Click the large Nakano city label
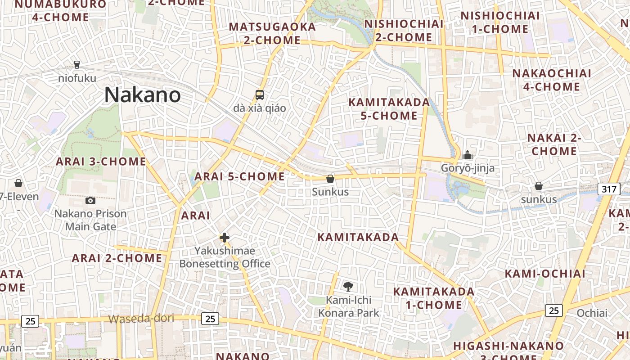pos(143,95)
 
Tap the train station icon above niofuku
pos(77,65)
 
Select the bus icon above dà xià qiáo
pos(260,94)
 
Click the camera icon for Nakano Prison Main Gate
pos(90,200)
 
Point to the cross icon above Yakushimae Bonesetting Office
pos(225,238)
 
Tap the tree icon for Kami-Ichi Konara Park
pos(348,286)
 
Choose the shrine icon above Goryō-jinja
pos(468,155)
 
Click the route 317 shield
pos(608,189)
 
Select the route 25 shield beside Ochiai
pos(553,310)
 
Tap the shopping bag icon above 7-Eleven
pos(18,183)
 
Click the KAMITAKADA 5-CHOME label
pos(390,109)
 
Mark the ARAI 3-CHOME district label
pos(101,162)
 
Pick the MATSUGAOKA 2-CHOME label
pos(273,33)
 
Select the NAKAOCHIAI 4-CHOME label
pos(552,80)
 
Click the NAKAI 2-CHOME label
pos(554,144)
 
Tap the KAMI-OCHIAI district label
pos(545,274)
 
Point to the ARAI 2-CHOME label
pos(117,258)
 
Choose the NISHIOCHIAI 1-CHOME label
pos(500,22)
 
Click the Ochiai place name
pos(592,313)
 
